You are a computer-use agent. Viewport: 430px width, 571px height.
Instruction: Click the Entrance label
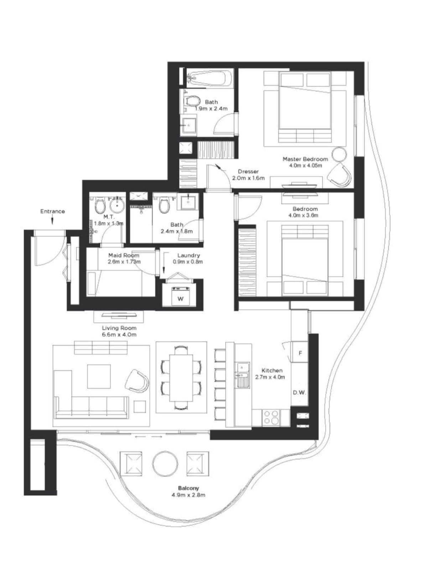coord(52,211)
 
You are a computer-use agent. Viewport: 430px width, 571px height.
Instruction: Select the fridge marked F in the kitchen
coord(300,353)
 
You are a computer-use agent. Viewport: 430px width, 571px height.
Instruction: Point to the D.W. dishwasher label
coord(299,393)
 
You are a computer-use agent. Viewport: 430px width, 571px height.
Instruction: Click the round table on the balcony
coord(165,463)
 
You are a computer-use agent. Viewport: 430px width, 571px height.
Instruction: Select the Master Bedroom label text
coord(305,159)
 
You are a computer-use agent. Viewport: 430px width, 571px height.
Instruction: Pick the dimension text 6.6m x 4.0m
coord(119,335)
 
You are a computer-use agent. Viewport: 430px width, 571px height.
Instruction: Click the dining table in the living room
coord(181,378)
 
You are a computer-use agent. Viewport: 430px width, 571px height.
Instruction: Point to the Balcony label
coord(188,488)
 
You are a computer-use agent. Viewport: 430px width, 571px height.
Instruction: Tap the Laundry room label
coord(188,255)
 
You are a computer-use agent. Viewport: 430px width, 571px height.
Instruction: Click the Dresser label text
coord(248,172)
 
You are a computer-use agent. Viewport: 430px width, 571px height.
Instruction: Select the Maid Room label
coord(124,255)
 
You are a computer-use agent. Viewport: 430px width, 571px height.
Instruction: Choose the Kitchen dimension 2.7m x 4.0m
coord(270,377)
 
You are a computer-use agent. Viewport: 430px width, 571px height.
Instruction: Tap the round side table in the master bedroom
coord(339,154)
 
